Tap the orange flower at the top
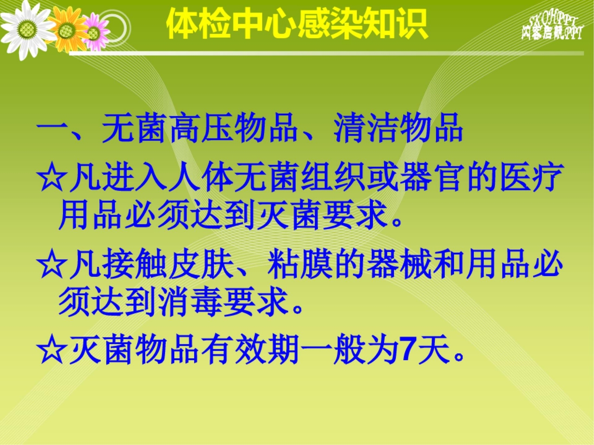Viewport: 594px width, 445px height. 67,31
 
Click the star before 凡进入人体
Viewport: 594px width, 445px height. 51,179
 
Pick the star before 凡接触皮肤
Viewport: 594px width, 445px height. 51,267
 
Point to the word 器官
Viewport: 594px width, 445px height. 432,178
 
